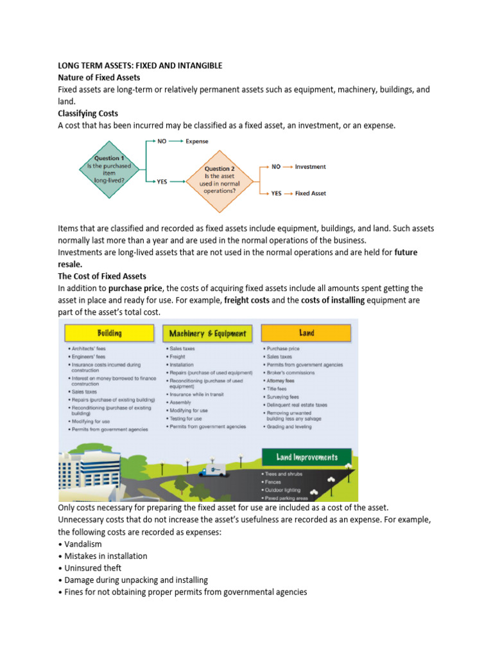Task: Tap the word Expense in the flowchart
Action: (197, 141)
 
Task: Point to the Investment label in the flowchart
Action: (310, 166)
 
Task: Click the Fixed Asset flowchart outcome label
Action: (311, 193)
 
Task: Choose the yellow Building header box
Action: (109, 333)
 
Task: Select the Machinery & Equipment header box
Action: (207, 333)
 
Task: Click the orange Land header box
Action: (307, 333)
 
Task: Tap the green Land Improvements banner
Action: (307, 458)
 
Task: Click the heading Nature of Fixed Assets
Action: (99, 77)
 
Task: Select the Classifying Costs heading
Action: (88, 114)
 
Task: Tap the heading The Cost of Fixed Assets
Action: (102, 276)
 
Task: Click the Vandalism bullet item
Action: (83, 544)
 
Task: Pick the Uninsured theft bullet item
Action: (92, 568)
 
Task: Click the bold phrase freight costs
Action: (248, 300)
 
